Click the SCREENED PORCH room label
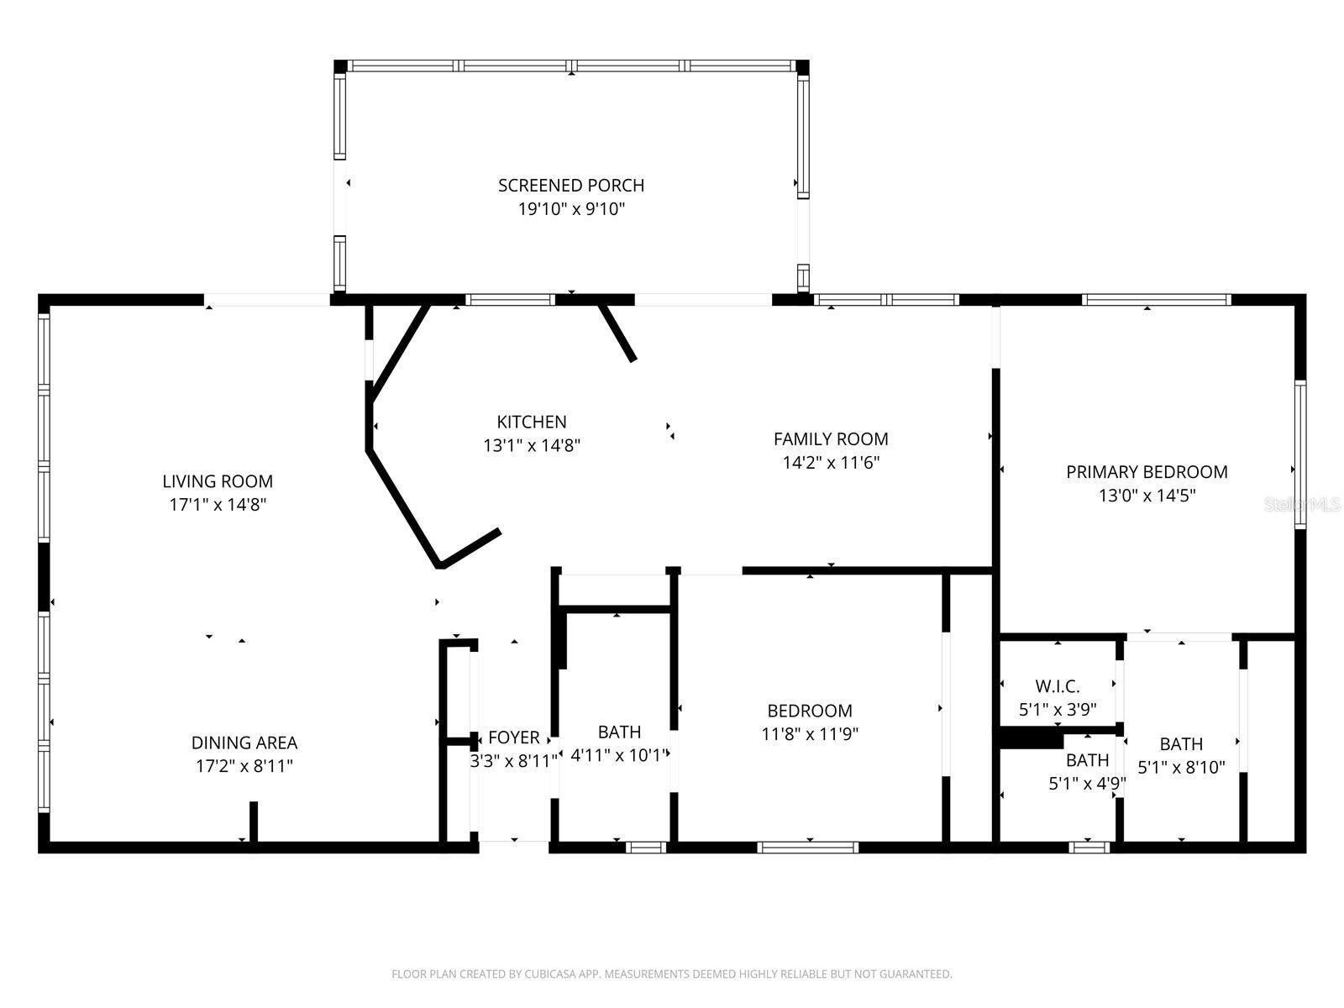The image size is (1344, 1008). coord(571,185)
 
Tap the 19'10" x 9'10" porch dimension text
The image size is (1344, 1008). coord(571,208)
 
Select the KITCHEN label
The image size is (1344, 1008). coord(532,422)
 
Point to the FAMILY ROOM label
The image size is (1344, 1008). coord(831,438)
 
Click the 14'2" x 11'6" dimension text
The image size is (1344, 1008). coord(831,462)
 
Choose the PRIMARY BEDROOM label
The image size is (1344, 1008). coord(1147,472)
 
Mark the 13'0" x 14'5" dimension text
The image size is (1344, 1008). coord(1147,496)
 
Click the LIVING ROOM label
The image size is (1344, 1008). coord(218,481)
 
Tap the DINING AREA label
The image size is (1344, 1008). coord(244,743)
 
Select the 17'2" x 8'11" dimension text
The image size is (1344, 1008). coord(244,766)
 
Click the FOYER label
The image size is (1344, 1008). coord(513,738)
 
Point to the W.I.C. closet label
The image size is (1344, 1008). coord(1058,686)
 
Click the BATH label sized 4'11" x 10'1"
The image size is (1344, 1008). coord(619,732)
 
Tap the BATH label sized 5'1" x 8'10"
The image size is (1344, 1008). coord(1181,743)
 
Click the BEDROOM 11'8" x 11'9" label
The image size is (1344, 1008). coord(810,711)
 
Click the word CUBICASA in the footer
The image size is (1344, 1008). coord(551,974)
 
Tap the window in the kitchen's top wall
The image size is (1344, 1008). coord(510,300)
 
